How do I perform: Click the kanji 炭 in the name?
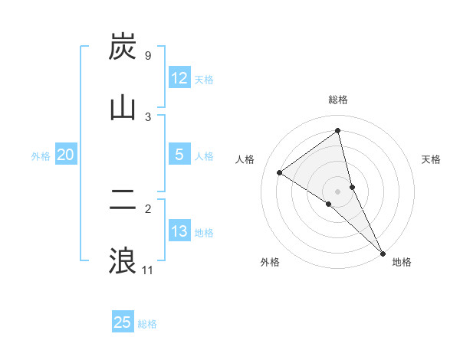coord(123,48)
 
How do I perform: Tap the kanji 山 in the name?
coord(123,107)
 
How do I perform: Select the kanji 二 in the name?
coord(123,201)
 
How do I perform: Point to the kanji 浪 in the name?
coord(123,260)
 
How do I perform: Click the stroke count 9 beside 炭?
coord(147,56)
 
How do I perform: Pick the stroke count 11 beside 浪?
coord(148,270)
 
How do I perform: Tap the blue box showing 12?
coord(179,78)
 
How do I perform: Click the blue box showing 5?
coord(179,155)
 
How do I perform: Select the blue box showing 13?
coord(179,231)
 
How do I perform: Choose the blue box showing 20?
coord(66,155)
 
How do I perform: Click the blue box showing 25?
coord(123,322)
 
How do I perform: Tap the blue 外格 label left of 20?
coord(41,156)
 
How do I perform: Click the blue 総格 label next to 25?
coord(147,324)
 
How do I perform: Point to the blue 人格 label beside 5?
coord(204,156)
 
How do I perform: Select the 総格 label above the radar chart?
coord(338,100)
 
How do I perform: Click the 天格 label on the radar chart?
coord(432,159)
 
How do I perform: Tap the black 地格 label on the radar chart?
coord(402,262)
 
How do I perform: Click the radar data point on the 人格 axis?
coord(279,172)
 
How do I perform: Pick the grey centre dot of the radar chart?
coord(338,191)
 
